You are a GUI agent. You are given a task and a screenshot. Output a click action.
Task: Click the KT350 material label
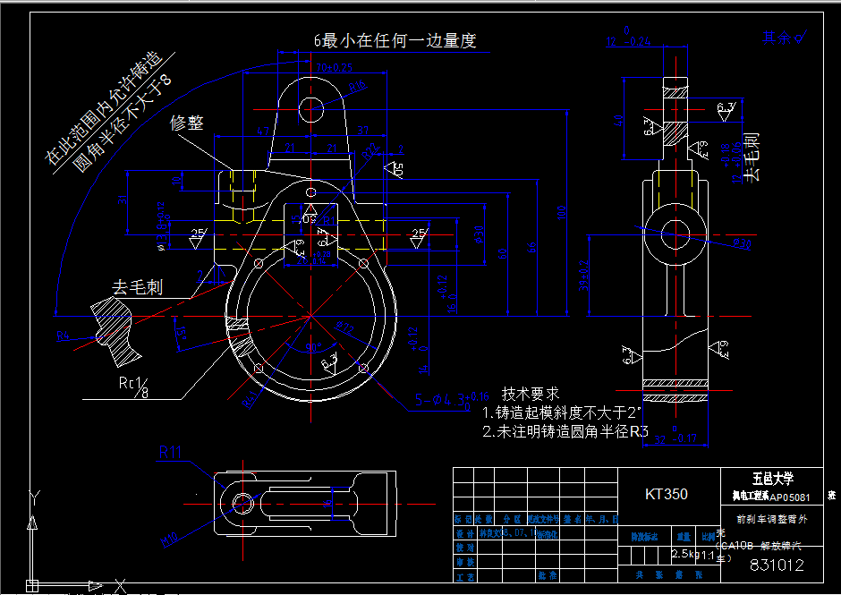667,494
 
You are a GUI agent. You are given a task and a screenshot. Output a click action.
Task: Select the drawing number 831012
777,565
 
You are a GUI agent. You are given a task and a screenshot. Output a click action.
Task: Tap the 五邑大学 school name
773,479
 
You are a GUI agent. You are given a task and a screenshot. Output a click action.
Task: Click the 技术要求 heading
530,394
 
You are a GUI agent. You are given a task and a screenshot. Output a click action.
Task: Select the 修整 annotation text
187,123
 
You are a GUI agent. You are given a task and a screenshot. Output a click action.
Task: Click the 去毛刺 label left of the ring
137,287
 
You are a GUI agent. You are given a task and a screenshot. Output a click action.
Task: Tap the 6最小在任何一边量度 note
394,40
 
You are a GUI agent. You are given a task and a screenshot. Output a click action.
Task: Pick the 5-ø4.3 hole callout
451,400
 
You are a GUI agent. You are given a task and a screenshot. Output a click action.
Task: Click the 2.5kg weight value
684,555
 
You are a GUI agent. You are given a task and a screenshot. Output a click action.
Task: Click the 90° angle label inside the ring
313,347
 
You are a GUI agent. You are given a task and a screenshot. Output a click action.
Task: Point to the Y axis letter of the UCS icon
33,495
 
